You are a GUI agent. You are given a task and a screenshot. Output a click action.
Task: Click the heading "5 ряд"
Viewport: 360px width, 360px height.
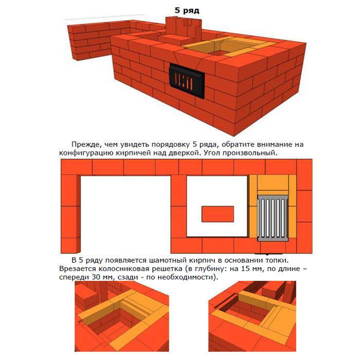(187, 11)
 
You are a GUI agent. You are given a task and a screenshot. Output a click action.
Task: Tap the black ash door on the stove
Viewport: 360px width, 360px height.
(187, 81)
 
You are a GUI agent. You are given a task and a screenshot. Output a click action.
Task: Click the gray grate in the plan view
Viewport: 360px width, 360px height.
(273, 218)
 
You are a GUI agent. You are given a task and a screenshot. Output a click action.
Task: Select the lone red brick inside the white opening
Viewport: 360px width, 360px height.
(218, 214)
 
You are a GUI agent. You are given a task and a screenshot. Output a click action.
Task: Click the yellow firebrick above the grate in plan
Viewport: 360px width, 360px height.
(273, 183)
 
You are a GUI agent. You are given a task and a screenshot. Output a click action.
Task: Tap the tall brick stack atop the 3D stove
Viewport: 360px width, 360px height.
(184, 29)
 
